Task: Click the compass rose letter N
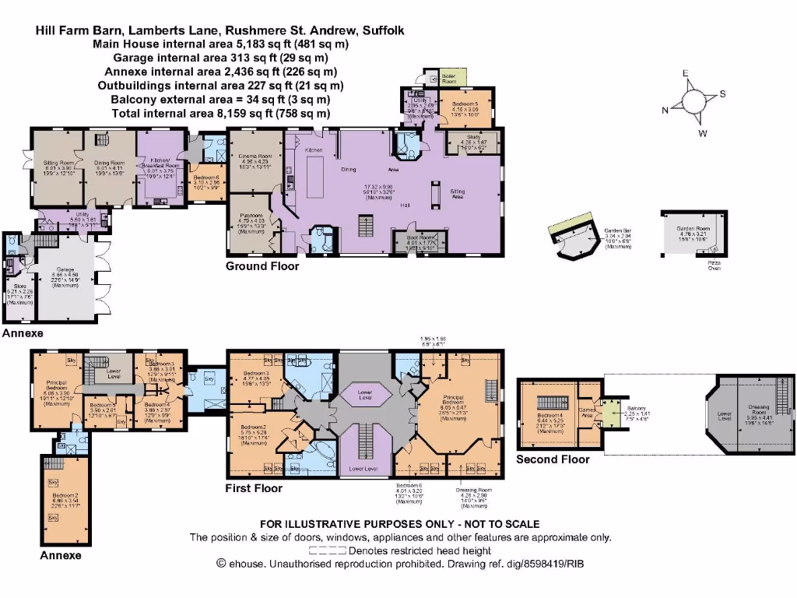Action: coord(665,111)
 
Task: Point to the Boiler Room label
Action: coord(449,78)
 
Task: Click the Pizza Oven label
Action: coord(714,266)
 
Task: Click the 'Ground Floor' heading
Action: coord(262,266)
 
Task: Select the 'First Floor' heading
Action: coord(254,488)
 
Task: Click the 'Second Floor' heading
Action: coord(553,459)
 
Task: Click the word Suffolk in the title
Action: coord(383,31)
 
